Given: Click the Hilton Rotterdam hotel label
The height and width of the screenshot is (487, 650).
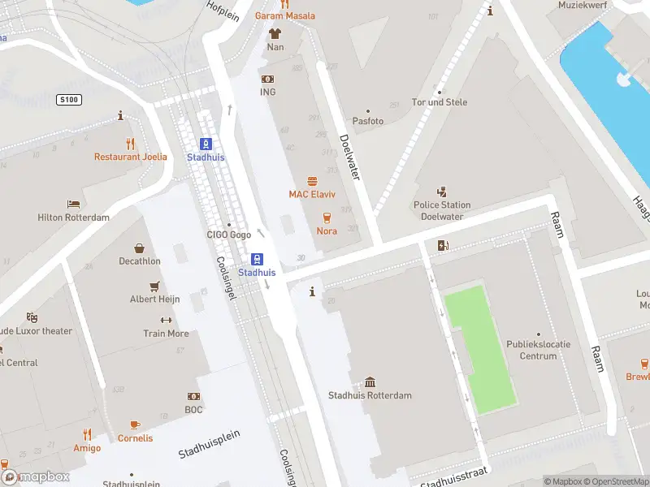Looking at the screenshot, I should tap(73, 218).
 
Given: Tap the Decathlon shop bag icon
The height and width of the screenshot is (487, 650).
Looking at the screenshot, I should tap(139, 248).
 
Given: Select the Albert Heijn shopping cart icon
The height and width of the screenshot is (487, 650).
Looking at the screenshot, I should tap(154, 287).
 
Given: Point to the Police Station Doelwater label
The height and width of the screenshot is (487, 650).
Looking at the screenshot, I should tap(442, 210).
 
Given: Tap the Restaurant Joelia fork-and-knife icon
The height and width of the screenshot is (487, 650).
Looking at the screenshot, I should tap(120, 144).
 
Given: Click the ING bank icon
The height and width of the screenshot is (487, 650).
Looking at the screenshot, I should tap(267, 79).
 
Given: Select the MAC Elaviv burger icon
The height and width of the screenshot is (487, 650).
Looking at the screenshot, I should tap(312, 182).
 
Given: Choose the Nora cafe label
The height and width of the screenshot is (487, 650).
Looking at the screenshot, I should tap(327, 231).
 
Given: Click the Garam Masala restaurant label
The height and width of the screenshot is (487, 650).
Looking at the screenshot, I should tap(284, 16).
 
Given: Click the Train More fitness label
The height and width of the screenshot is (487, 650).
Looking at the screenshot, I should tap(166, 334).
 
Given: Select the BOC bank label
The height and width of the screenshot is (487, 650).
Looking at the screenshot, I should tap(193, 410).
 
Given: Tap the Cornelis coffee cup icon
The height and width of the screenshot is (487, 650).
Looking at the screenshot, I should tap(135, 425).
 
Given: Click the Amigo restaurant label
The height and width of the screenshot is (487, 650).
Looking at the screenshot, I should tap(87, 448).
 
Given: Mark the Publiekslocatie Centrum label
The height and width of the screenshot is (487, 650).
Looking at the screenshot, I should tap(539, 350).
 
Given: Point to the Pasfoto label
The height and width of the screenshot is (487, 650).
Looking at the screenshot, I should tap(367, 121).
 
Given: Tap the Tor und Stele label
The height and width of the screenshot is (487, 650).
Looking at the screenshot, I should tap(440, 102).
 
